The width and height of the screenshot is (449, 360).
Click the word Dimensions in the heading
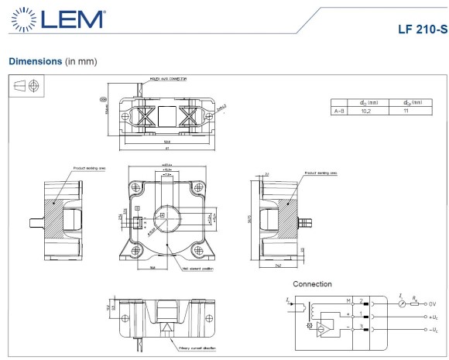[x=35, y=60]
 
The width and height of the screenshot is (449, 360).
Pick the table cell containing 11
[x=405, y=111]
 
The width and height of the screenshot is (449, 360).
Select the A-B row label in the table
[x=338, y=111]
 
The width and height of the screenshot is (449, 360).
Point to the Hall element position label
[x=197, y=269]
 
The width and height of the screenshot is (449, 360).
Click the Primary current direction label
[x=196, y=348]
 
